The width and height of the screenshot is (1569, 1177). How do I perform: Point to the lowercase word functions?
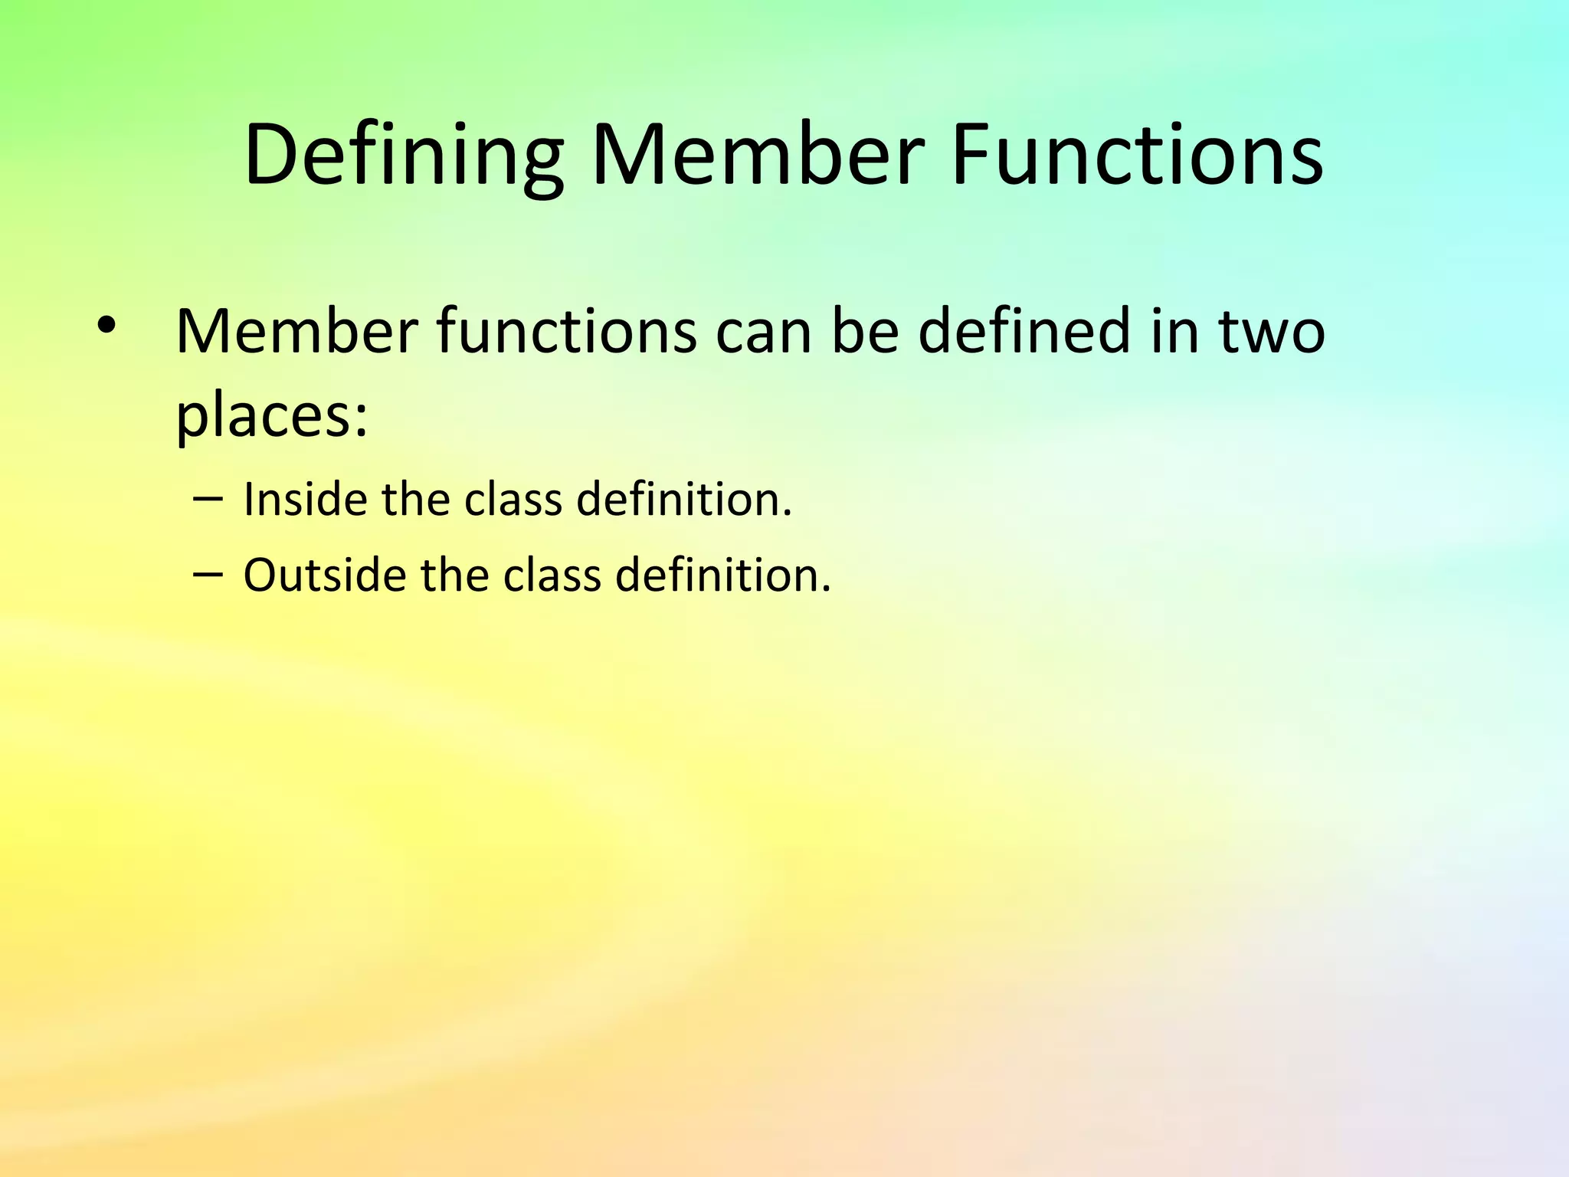click(x=567, y=332)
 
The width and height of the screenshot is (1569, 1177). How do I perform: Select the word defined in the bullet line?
click(x=1024, y=332)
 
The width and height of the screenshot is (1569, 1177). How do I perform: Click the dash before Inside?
click(x=208, y=500)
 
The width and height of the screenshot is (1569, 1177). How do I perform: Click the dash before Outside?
click(x=208, y=575)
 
